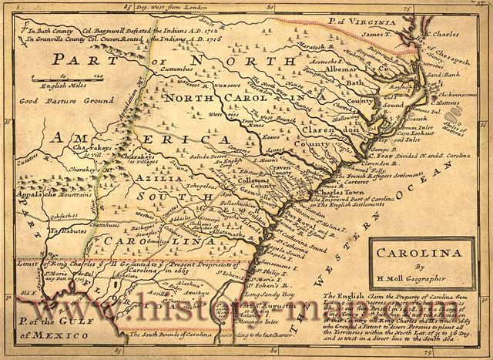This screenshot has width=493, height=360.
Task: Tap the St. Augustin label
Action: (x=246, y=306)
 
